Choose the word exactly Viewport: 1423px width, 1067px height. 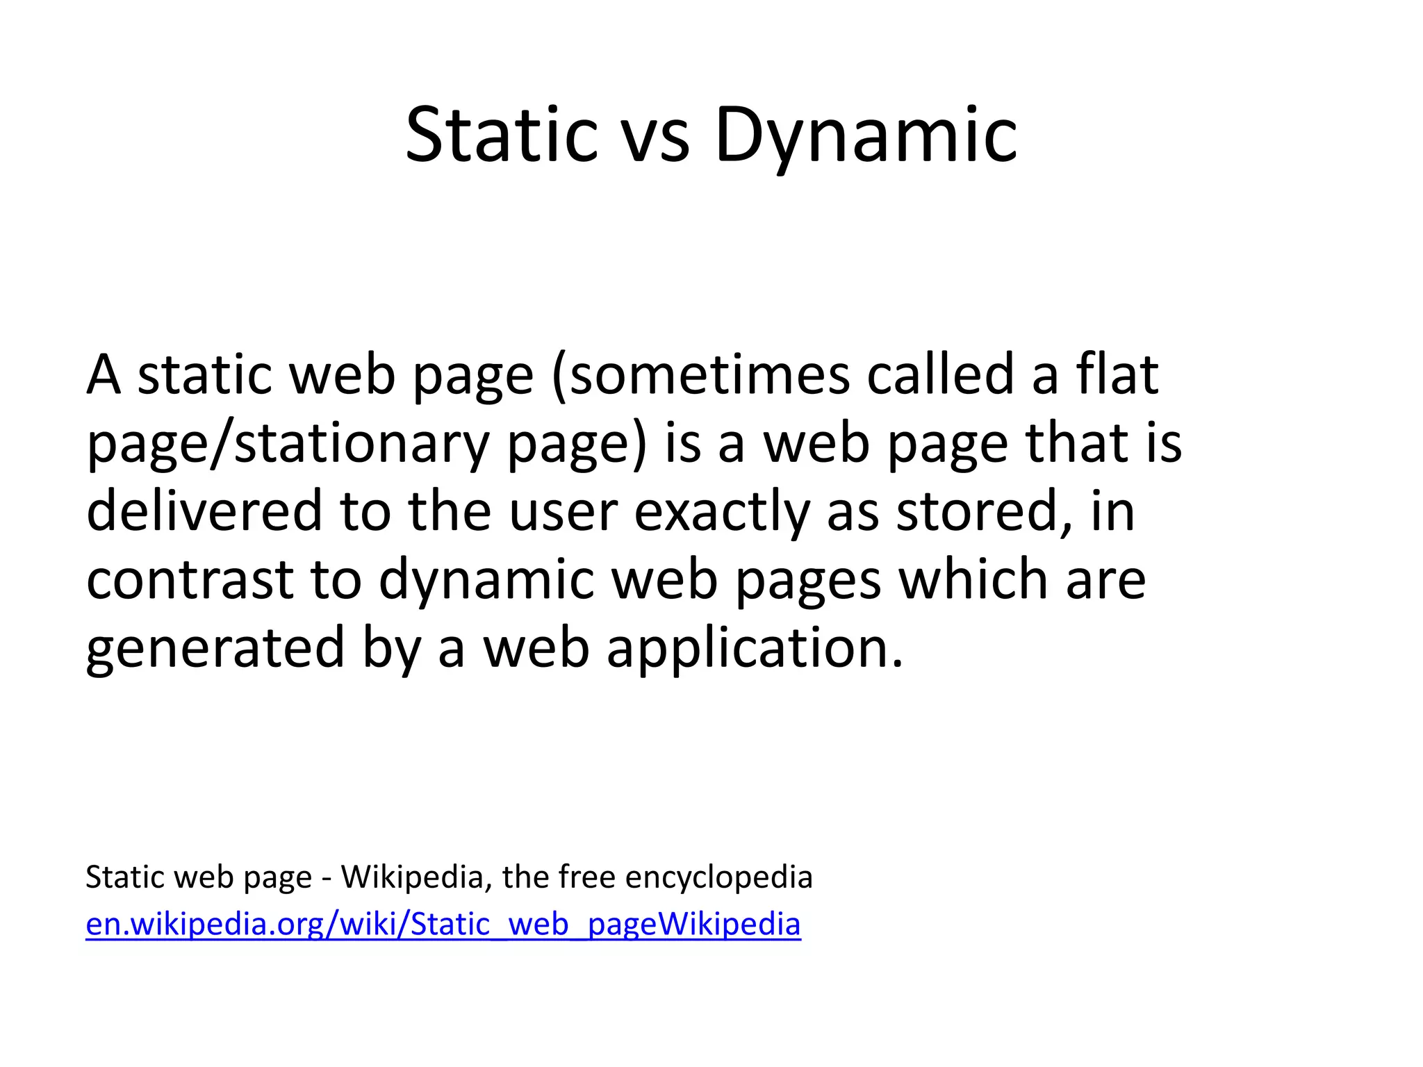[722, 511]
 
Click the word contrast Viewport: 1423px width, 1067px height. [190, 579]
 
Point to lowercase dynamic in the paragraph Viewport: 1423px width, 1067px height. [486, 579]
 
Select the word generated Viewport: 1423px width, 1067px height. [215, 647]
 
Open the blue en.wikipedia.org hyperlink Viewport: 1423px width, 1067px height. [443, 925]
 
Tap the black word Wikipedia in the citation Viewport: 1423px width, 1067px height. [411, 877]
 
